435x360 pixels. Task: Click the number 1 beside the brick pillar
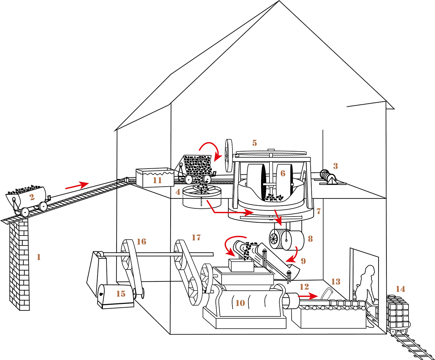coord(39,257)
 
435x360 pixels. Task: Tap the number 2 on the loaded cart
coord(32,197)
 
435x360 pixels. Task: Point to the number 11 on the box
coord(157,180)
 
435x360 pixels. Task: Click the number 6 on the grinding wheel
coord(283,173)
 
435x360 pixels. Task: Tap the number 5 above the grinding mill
coord(255,143)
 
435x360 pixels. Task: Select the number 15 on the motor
coord(121,294)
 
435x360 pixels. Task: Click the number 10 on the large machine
coord(240,303)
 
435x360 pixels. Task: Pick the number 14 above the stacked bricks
coord(400,289)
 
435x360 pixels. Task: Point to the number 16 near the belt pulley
coord(141,242)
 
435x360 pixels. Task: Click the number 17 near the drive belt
coord(196,238)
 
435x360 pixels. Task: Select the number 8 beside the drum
coord(310,239)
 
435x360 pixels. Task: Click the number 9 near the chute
coord(303,261)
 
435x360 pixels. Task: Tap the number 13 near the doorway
coord(336,281)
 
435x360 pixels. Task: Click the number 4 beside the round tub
coord(178,192)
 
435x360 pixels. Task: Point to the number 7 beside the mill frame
coord(318,211)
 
